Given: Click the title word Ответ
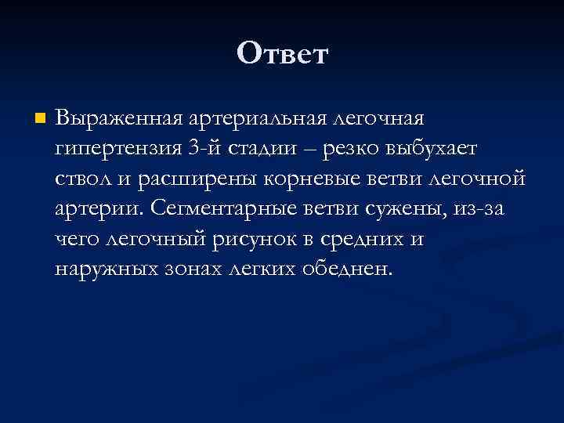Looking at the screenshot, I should point(282,54).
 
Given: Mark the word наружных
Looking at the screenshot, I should point(107,269).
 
